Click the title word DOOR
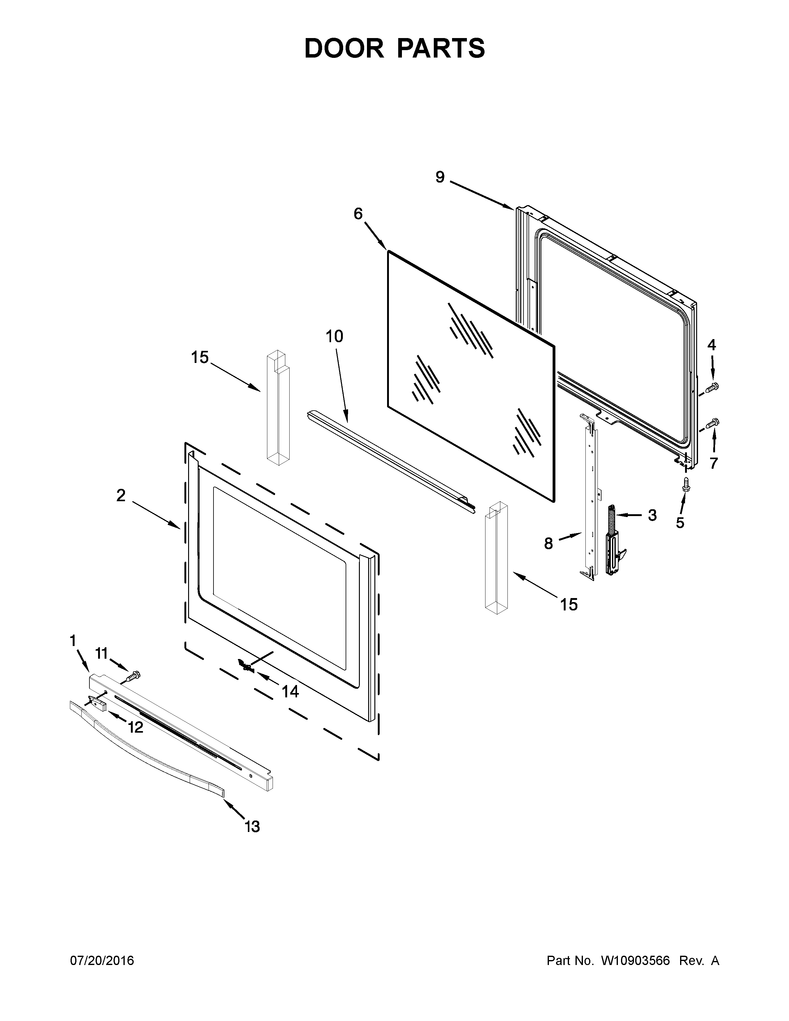[343, 48]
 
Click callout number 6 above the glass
[358, 214]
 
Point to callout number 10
[334, 336]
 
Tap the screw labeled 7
[713, 423]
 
